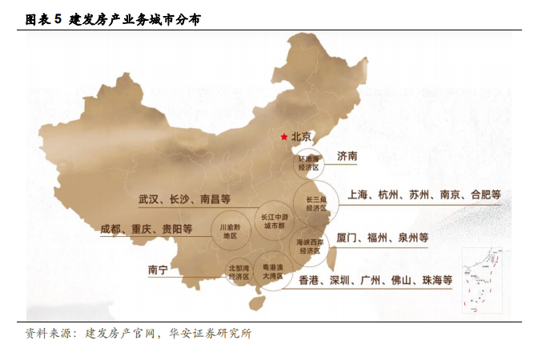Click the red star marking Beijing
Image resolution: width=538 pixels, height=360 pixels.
coord(283,137)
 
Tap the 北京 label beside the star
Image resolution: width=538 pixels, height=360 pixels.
coord(302,137)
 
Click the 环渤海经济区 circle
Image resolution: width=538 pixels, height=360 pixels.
coord(308,164)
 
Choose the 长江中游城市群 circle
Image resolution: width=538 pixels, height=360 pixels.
coord(274,221)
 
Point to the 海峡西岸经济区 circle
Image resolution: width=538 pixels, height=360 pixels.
coord(309,246)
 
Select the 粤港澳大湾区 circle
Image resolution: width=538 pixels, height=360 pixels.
coord(274,273)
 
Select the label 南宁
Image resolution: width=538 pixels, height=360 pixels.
coord(158,270)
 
